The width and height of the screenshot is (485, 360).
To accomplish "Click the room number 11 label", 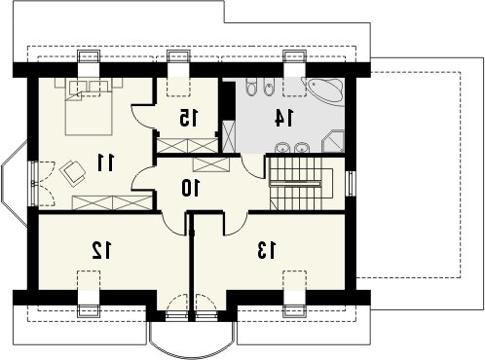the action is [106, 162].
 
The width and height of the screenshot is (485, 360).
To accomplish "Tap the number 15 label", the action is [188, 118].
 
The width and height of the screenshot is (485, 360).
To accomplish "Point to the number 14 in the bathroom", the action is [284, 118].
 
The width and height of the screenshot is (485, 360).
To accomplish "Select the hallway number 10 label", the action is [191, 188].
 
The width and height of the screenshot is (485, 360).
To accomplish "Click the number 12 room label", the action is [101, 250].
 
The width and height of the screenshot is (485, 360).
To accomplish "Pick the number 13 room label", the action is [267, 250].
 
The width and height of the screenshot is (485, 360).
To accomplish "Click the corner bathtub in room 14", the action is [323, 91].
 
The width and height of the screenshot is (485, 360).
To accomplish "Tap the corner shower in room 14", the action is [333, 141].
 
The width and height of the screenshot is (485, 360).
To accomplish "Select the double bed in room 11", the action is [89, 106].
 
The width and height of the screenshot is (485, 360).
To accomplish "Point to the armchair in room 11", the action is [72, 172].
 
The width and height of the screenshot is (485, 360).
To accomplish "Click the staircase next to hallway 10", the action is [301, 183].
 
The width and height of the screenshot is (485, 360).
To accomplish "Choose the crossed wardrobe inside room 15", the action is [187, 145].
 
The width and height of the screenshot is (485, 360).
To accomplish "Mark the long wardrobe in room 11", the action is [112, 202].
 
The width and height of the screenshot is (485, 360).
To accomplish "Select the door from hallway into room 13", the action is [237, 224].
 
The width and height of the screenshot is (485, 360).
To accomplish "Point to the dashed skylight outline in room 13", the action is [294, 281].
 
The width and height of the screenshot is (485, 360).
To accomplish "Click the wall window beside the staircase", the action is [351, 184].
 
